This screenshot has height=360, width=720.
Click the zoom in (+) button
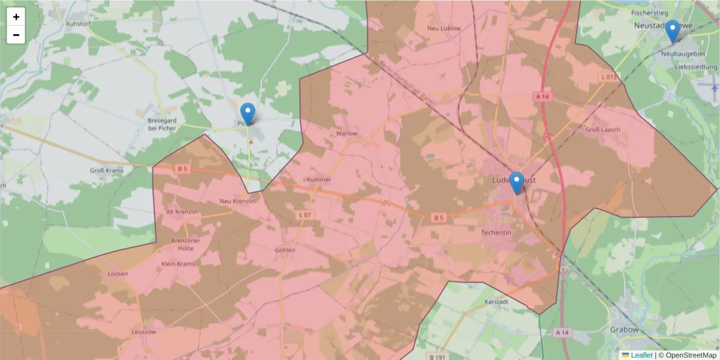(x=16, y=17)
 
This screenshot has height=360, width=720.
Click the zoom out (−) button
(x=16, y=35)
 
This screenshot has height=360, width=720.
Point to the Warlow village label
(x=347, y=133)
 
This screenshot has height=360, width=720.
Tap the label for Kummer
(x=319, y=179)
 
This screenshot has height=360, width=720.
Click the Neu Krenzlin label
(x=238, y=201)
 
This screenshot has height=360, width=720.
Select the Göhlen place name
(x=284, y=250)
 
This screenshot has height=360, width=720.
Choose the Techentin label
(x=496, y=232)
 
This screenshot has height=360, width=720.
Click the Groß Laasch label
(x=602, y=130)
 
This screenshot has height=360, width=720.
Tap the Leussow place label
(x=143, y=332)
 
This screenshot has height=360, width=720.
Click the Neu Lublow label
(x=444, y=28)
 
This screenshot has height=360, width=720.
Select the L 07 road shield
(x=305, y=215)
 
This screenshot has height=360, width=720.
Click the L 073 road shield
(x=608, y=77)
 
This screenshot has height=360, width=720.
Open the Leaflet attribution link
(x=641, y=355)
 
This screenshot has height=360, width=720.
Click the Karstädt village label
(x=496, y=302)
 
